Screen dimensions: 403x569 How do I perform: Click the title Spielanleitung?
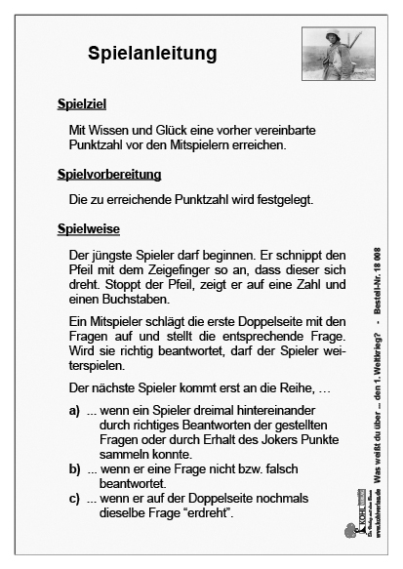coord(151,52)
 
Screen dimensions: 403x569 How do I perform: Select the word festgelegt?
coord(284,200)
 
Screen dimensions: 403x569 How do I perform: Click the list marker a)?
coord(74,411)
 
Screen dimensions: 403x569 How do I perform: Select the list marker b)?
coord(74,469)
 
